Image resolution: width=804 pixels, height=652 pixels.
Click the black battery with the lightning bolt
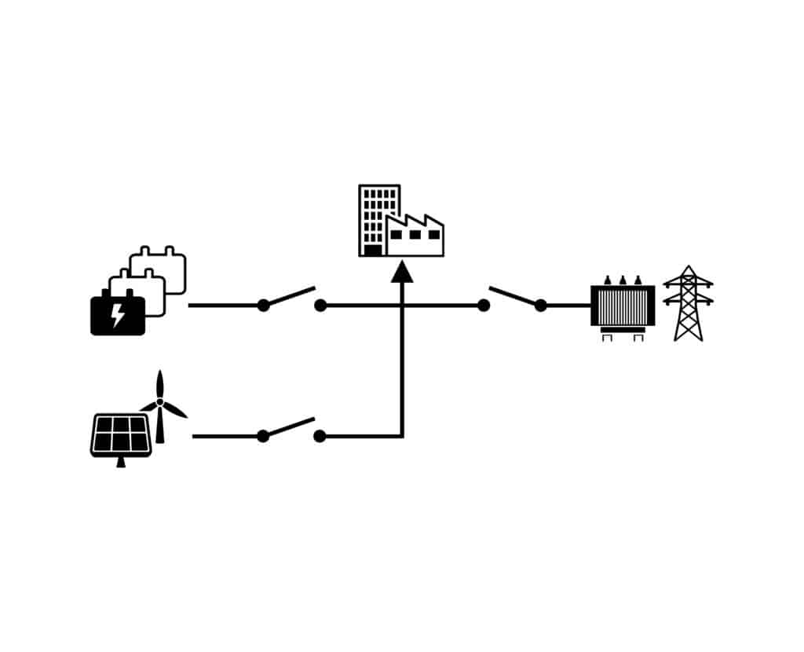coord(118,315)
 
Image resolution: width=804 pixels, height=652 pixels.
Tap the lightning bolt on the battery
coord(118,315)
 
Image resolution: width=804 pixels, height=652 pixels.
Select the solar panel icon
coord(120,433)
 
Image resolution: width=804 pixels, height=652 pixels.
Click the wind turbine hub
coord(160,401)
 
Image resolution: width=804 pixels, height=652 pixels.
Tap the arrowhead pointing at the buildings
coord(402,272)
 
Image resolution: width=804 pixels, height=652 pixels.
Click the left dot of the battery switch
coord(263,306)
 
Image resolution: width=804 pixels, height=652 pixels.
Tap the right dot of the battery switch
coord(320,306)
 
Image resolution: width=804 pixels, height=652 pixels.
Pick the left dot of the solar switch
coord(263,436)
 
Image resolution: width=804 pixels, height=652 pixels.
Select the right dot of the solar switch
coord(320,436)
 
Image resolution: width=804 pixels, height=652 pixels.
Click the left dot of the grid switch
coord(484,306)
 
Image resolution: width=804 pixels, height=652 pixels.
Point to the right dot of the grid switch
coord(540,306)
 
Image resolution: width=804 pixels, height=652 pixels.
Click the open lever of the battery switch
coord(291,296)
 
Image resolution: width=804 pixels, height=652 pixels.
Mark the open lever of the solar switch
coord(291,427)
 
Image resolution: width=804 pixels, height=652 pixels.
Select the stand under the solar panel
coord(120,462)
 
